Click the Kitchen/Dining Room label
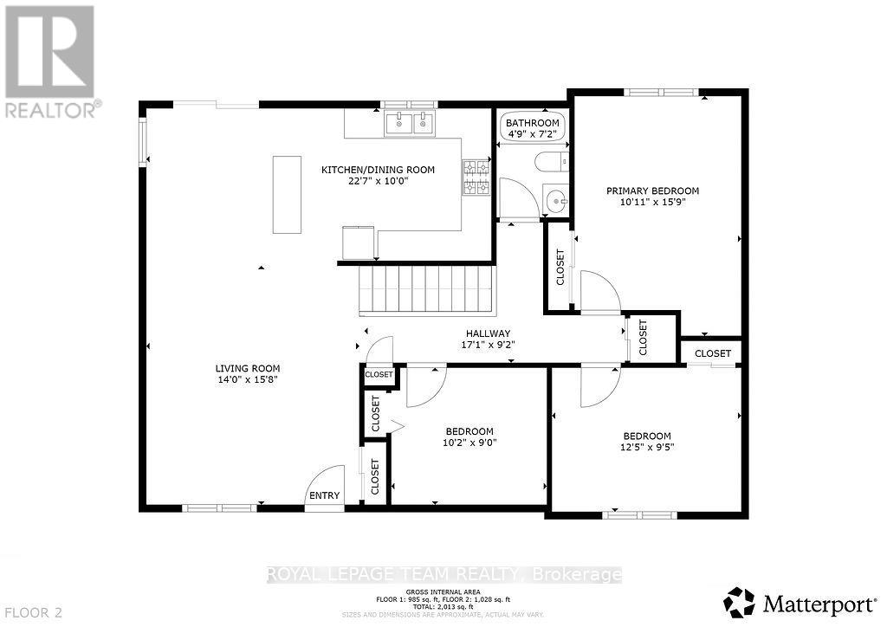[x=378, y=170]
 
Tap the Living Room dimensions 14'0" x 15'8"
[x=249, y=379]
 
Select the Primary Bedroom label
[x=652, y=191]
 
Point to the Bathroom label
[x=533, y=124]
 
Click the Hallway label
[x=487, y=333]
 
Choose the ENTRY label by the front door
[x=324, y=496]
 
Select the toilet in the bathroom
[x=552, y=162]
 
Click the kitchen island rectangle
[x=287, y=194]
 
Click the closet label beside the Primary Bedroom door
[x=560, y=268]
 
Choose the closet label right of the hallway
[x=643, y=338]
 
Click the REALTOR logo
[x=49, y=61]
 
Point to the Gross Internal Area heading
[x=443, y=591]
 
